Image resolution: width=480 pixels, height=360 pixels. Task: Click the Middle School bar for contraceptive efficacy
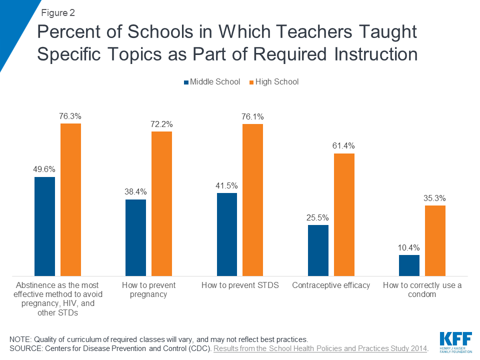coord(318,250)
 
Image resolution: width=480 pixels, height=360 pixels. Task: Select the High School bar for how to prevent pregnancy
coord(161,203)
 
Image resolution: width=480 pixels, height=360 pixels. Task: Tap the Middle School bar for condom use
coord(409,265)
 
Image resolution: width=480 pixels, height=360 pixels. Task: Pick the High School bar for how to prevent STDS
coord(252,200)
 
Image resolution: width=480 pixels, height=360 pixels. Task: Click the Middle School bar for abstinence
coord(44,226)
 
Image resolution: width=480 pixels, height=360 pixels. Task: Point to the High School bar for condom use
coord(435,240)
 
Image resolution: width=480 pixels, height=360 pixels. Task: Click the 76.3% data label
coord(70,116)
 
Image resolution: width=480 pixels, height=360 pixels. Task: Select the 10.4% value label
coord(409,247)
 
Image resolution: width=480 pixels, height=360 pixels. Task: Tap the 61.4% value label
coord(344,146)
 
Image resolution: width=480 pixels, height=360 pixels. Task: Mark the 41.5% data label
coord(226,185)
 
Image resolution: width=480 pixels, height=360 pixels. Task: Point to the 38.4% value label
coord(135,192)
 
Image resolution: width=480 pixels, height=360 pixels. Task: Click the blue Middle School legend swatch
coord(186,82)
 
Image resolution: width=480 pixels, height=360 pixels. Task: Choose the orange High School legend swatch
coord(251,82)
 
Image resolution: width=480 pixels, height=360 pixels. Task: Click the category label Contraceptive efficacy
coord(331,285)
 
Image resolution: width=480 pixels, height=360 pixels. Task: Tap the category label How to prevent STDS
coord(240,285)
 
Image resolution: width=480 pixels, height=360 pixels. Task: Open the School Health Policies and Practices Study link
coord(320,348)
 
